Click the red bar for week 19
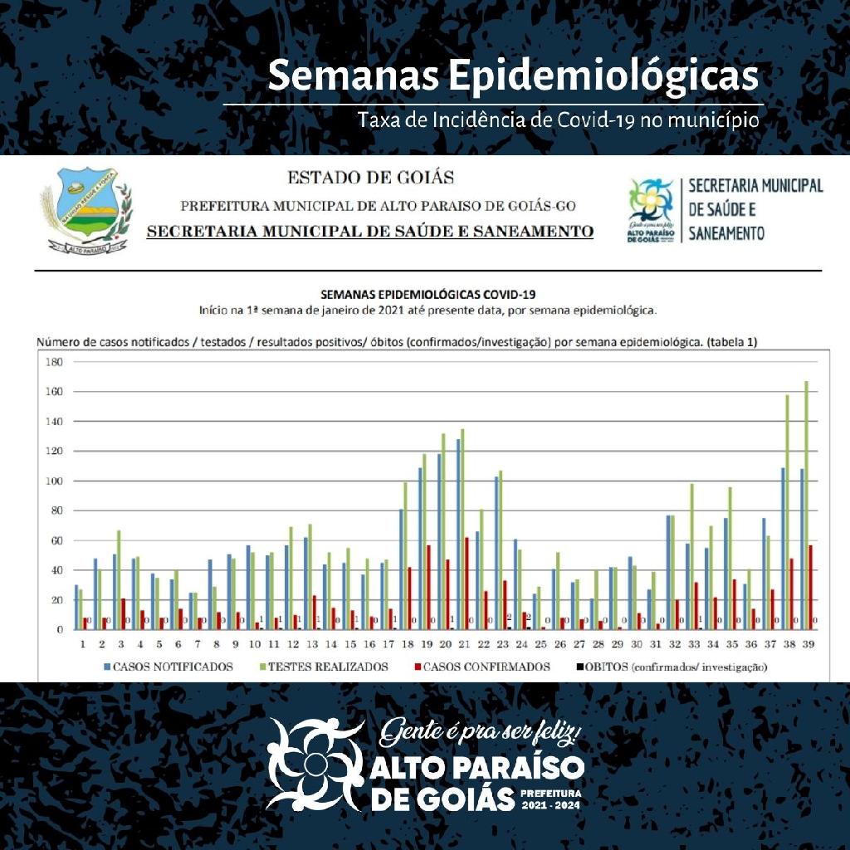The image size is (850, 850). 428,586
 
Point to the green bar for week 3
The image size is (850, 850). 120,579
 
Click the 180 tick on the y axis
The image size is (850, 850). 55,362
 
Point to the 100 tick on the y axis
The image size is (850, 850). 55,481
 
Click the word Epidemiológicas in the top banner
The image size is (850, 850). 603,76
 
